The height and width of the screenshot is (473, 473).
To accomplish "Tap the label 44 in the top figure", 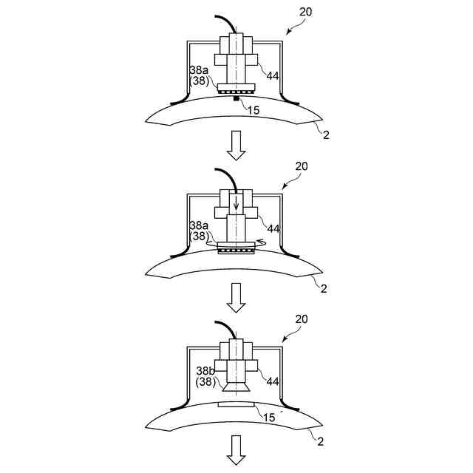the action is tap(273, 75).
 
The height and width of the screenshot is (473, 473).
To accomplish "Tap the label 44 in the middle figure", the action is tap(273, 228).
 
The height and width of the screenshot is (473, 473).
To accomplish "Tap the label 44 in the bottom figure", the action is tap(273, 381).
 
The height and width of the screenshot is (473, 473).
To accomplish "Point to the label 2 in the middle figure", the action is tap(324, 287).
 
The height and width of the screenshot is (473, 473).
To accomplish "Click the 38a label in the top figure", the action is tap(200, 71).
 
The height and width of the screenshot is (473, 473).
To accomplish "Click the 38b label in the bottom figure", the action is tap(205, 372).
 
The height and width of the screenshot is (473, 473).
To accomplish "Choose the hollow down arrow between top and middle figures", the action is tap(236, 146).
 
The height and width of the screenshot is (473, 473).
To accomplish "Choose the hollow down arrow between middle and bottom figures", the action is tap(236, 298).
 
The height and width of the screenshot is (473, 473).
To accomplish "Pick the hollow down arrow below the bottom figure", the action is tap(236, 450).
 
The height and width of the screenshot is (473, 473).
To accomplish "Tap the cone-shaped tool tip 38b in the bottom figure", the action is tap(236, 384).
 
